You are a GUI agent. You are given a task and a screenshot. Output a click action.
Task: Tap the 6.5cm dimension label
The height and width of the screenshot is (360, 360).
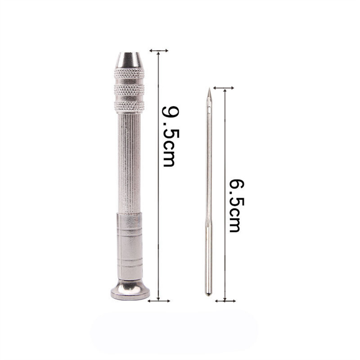(x=237, y=206)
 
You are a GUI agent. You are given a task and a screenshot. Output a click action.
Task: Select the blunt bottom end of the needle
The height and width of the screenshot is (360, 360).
(x=208, y=294)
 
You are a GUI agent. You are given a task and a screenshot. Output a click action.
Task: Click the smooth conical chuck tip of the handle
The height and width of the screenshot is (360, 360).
(x=129, y=60)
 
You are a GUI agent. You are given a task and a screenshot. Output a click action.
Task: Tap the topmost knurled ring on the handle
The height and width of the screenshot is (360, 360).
(x=129, y=73)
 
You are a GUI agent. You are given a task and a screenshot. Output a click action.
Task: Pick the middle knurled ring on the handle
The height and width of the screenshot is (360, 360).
(x=129, y=90)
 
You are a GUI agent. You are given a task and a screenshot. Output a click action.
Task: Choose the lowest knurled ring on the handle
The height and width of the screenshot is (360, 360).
(x=129, y=106)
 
